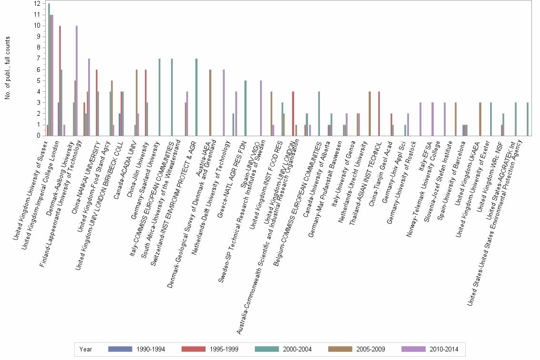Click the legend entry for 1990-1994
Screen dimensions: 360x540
point(136,349)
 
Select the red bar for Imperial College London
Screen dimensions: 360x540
point(60,80)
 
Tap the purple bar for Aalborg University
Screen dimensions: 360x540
point(77,80)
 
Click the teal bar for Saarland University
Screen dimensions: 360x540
point(159,97)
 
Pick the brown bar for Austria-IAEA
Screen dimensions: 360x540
point(210,102)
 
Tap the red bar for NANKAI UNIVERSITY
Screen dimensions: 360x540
point(97,102)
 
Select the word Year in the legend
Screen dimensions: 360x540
point(86,349)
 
